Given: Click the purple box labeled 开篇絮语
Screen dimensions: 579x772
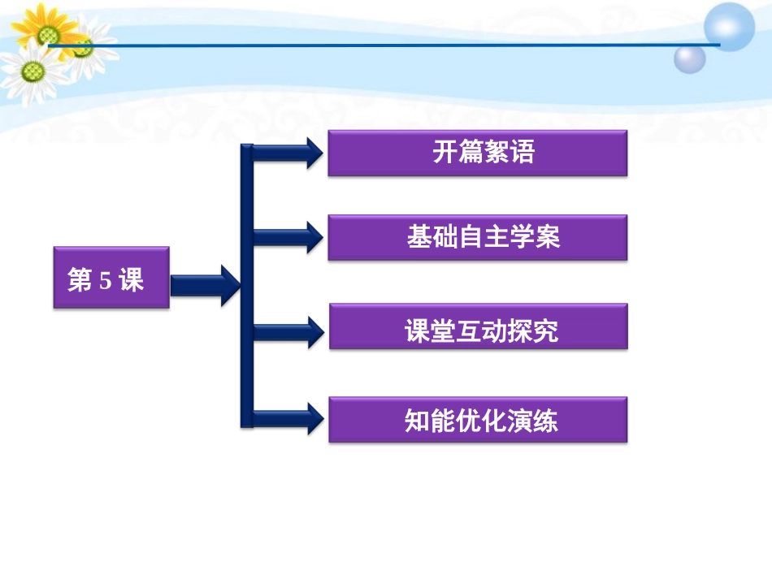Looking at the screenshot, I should (x=477, y=153).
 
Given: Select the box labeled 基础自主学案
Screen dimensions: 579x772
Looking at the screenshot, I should (x=477, y=237).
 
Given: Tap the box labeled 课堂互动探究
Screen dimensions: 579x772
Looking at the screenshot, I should (x=478, y=326).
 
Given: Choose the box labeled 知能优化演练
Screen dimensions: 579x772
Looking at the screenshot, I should (x=478, y=420).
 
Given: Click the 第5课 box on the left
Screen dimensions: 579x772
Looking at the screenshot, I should (x=111, y=278).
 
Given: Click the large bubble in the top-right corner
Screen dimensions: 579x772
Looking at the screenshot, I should (x=729, y=27).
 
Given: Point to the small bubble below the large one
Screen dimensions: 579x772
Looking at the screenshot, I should (x=689, y=58).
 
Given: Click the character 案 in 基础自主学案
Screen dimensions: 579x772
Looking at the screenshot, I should (x=548, y=237).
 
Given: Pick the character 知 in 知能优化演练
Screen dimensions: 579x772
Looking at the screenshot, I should (x=417, y=421).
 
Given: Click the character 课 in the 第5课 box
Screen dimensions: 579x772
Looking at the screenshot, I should (x=131, y=281).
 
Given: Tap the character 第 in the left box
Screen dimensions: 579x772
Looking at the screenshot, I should (x=80, y=281).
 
